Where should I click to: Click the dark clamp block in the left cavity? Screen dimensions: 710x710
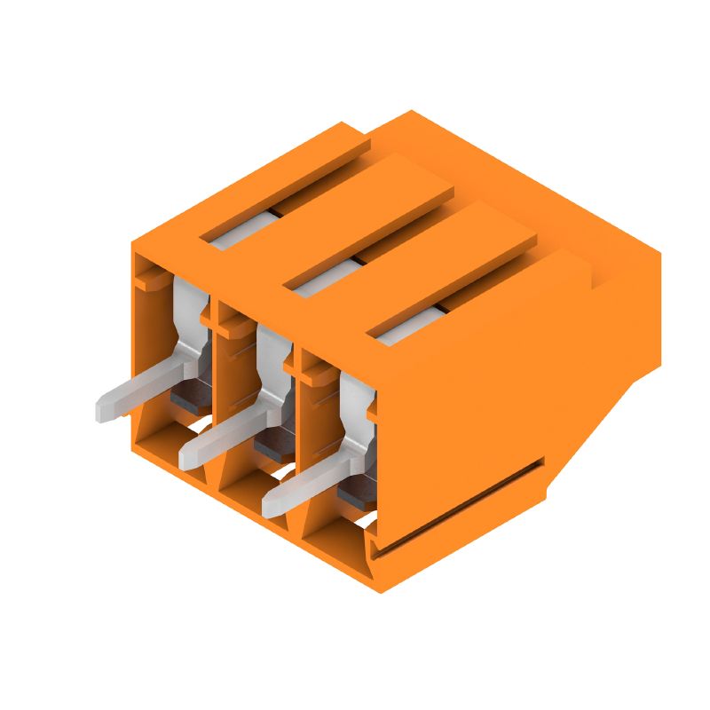pyautogui.click(x=190, y=396)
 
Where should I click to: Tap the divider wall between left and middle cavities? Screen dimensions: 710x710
pyautogui.click(x=215, y=373)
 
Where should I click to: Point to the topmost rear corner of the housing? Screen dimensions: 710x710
pyautogui.click(x=411, y=112)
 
